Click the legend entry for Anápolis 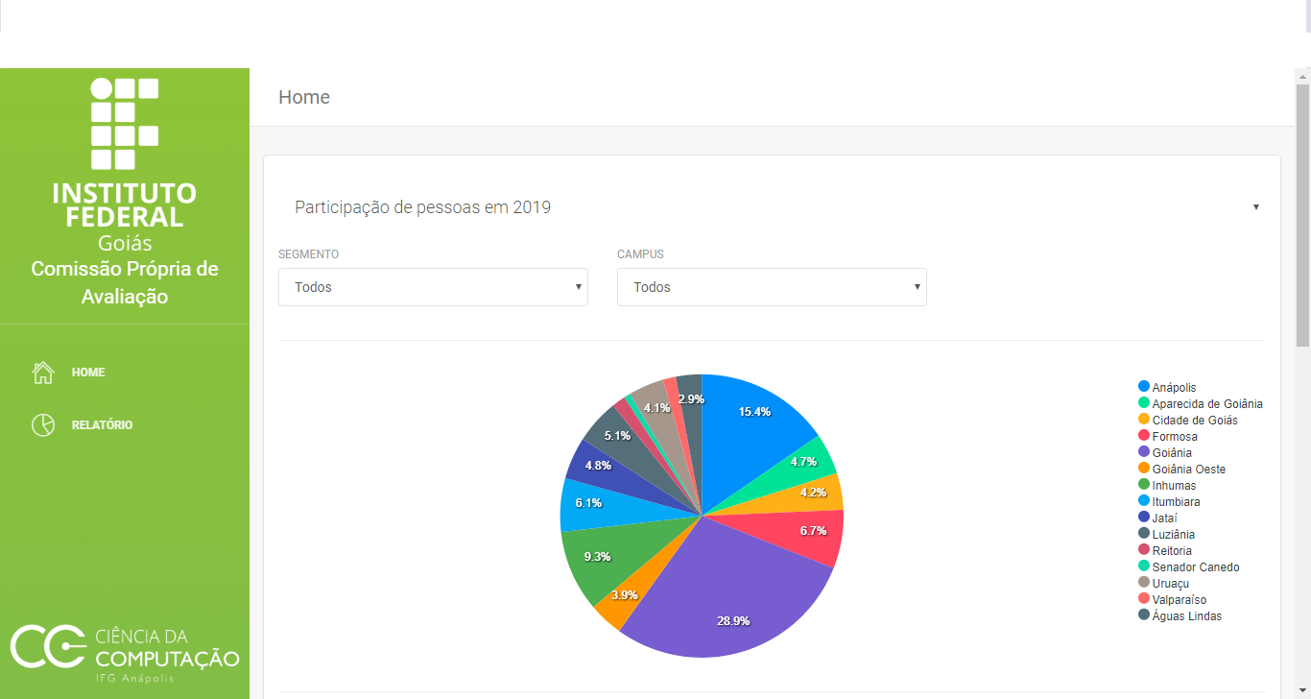[1174, 388]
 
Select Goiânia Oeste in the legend [1188, 470]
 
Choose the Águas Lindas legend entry [1186, 616]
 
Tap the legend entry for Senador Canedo [1195, 567]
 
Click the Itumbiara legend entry [1176, 502]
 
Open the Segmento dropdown [433, 287]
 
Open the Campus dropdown [772, 287]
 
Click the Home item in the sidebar [88, 373]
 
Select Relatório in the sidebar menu [102, 425]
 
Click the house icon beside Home [43, 373]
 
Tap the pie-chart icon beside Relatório [43, 425]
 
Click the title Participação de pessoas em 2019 [422, 207]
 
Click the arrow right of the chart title [1255, 207]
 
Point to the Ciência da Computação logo [125, 653]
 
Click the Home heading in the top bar [304, 97]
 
